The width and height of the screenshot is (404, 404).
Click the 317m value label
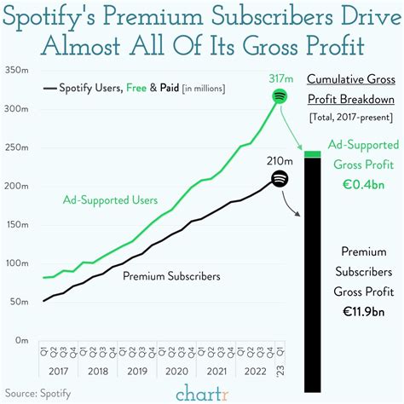pyautogui.click(x=280, y=78)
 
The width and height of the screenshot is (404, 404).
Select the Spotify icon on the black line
pyautogui.click(x=280, y=178)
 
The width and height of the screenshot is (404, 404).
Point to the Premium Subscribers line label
pyautogui.click(x=170, y=276)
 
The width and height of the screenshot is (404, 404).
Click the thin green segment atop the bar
pyautogui.click(x=312, y=154)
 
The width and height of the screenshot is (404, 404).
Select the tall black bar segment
pyautogui.click(x=312, y=256)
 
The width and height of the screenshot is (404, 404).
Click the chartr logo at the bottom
pyautogui.click(x=202, y=391)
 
